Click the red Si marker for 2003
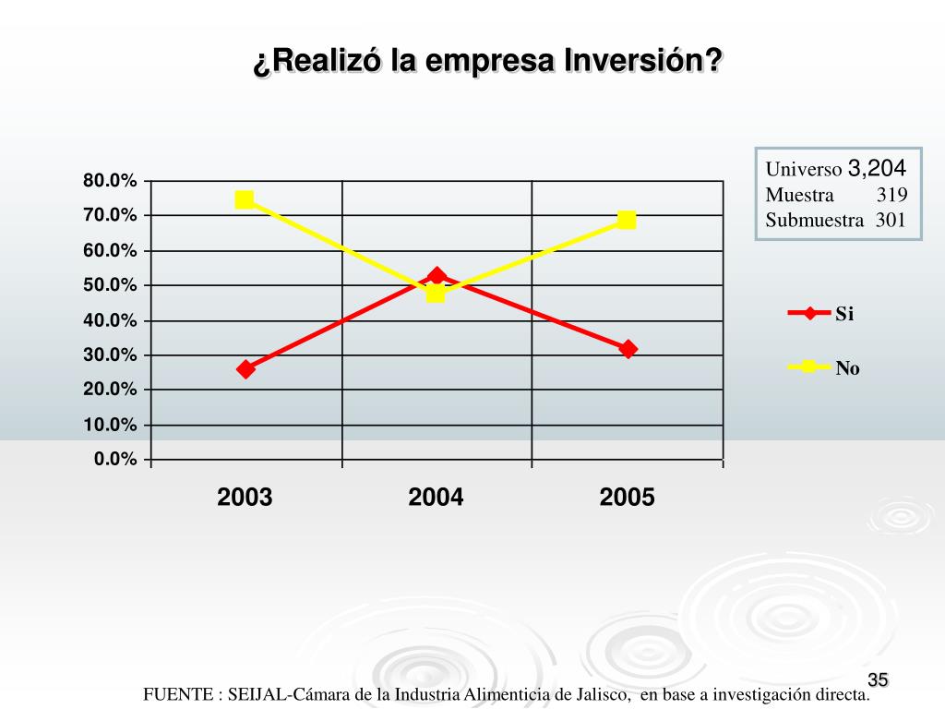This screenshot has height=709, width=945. (x=245, y=368)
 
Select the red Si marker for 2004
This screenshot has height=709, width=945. (x=437, y=276)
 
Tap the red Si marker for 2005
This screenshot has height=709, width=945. (x=628, y=349)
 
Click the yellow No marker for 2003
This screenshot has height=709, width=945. (x=245, y=199)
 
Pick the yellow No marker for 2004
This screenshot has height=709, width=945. (x=436, y=294)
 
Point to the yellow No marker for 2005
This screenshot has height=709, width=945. (x=627, y=220)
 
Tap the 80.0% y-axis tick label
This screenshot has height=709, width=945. (x=110, y=181)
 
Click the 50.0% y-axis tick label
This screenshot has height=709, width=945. (x=110, y=285)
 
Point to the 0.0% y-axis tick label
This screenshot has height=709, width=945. (x=114, y=460)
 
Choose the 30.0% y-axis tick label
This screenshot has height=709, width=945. (x=110, y=355)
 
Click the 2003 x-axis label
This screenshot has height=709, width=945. (x=245, y=499)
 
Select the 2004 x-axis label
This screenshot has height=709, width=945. (x=436, y=499)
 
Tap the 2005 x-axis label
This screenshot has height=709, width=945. (x=627, y=499)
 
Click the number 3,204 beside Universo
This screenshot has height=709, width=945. (x=877, y=168)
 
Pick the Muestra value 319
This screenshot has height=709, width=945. (x=891, y=195)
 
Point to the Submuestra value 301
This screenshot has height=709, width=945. (x=891, y=221)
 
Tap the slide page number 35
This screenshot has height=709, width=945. (x=877, y=681)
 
